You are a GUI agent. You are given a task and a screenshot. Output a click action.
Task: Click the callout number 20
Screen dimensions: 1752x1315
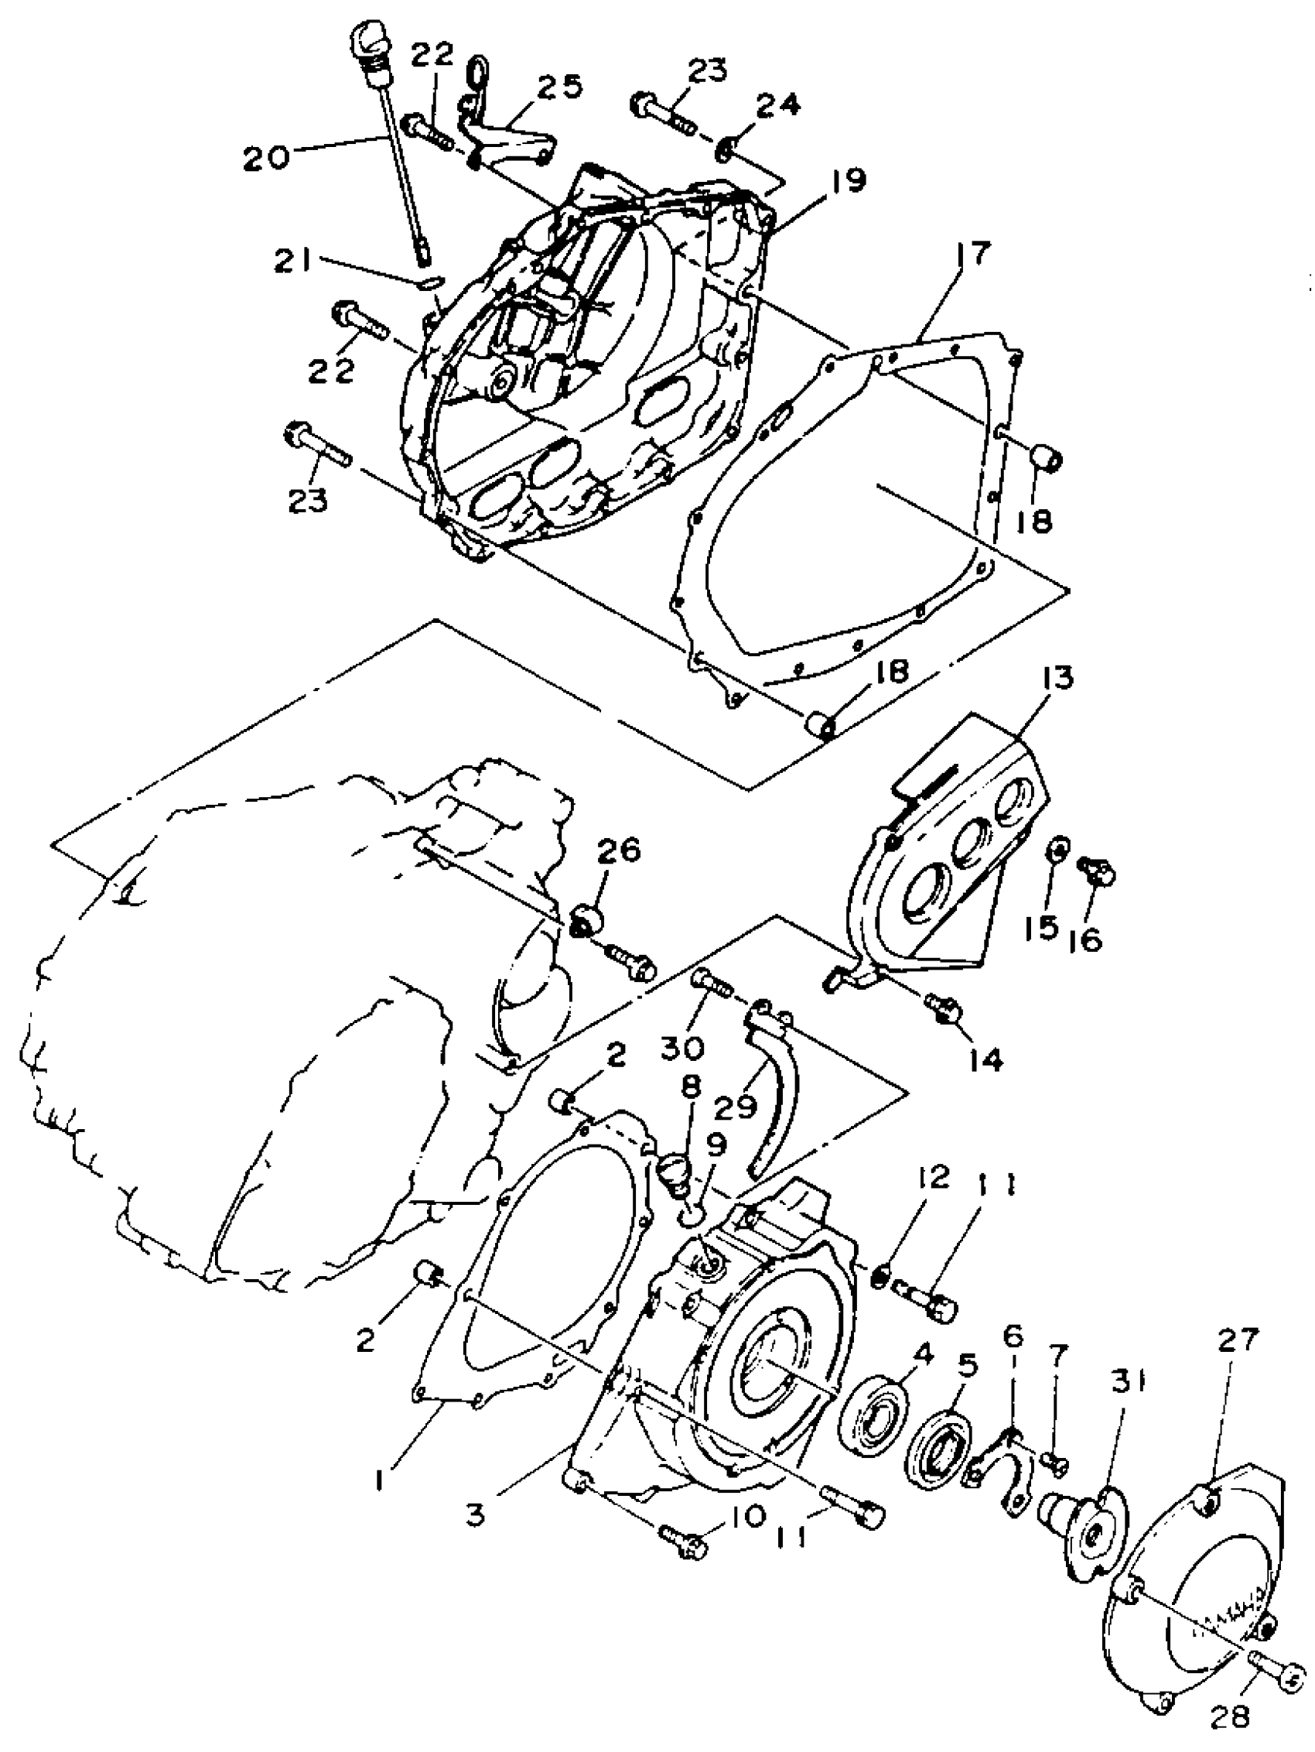[x=267, y=159]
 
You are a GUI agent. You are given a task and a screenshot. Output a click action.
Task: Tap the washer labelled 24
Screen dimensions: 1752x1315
[x=726, y=148]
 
